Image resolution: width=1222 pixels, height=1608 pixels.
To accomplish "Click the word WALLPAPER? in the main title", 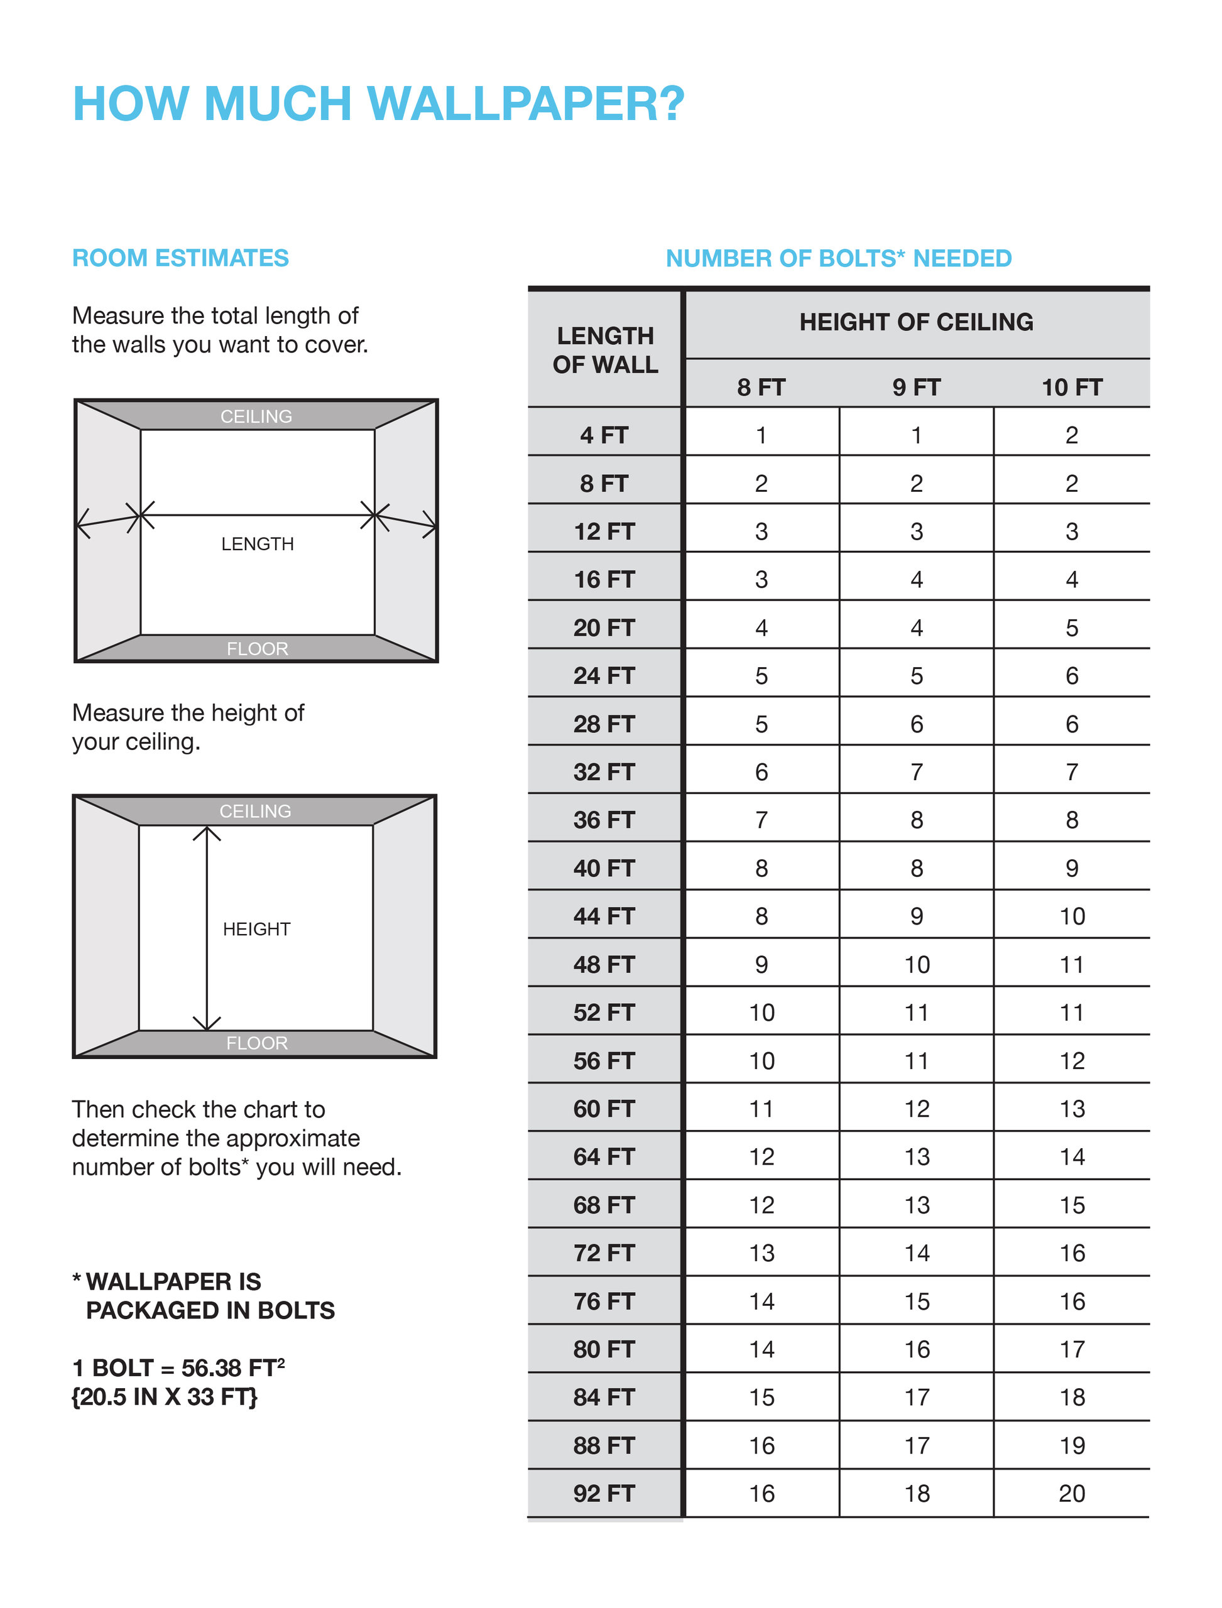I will [525, 103].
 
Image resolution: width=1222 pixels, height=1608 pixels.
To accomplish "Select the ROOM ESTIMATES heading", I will [180, 258].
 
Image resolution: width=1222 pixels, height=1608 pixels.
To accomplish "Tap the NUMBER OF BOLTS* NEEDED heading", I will [839, 258].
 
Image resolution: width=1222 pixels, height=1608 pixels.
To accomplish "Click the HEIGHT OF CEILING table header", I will [916, 322].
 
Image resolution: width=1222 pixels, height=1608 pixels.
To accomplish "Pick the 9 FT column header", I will [916, 388].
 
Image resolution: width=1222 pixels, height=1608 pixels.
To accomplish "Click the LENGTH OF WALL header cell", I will [604, 350].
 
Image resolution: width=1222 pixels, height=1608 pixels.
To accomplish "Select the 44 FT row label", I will [604, 916].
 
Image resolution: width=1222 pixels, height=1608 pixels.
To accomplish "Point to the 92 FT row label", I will [604, 1493].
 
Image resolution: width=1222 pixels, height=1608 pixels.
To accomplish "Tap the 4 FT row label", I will [604, 435].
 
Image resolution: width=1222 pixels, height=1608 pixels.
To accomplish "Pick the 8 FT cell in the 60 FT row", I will [761, 1109].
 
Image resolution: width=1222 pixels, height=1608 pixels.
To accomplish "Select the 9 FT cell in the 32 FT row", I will [916, 771].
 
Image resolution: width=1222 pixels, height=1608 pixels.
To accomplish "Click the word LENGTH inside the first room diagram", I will [258, 544].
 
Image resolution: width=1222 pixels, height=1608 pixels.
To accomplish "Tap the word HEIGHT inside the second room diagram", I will [256, 929].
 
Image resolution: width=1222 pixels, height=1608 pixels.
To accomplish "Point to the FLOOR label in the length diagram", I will [258, 649].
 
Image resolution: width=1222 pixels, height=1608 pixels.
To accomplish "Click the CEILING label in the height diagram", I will [255, 811].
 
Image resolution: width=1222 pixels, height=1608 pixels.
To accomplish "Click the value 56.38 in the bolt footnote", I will [212, 1368].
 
